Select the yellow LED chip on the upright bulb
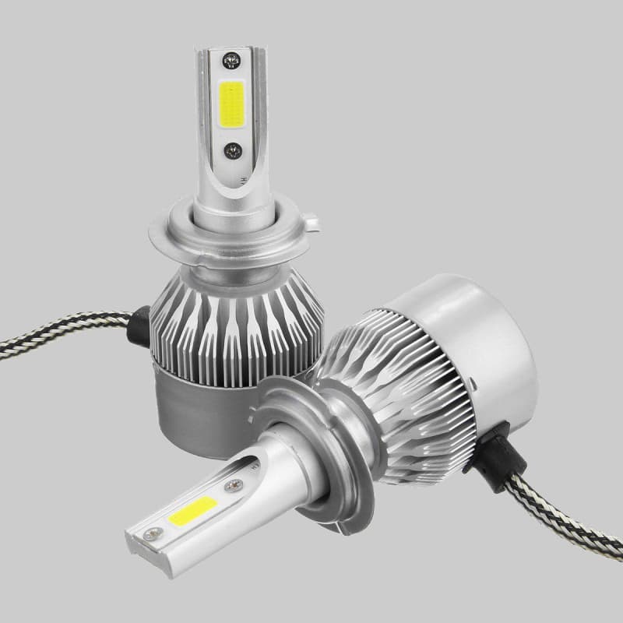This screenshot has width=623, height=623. tap(233, 104)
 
